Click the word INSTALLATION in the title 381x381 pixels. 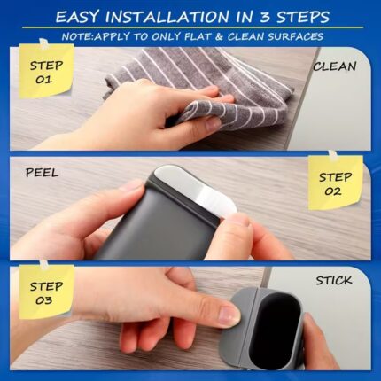coord(167,17)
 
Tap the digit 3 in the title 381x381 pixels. coord(265,17)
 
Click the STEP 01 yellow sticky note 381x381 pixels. coord(46,71)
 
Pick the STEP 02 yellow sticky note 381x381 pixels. coord(335,183)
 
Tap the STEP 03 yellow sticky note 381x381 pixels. coord(46,292)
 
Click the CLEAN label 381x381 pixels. coord(335,66)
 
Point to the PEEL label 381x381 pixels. coord(42,173)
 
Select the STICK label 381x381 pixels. coord(334,280)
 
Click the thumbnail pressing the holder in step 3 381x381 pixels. coord(228,315)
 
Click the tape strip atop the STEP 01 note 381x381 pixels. coord(43,43)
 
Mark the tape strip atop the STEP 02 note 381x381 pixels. coord(332,155)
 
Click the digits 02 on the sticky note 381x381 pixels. coord(333,191)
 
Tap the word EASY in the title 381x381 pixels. coord(76,17)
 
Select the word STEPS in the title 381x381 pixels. coord(303,17)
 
